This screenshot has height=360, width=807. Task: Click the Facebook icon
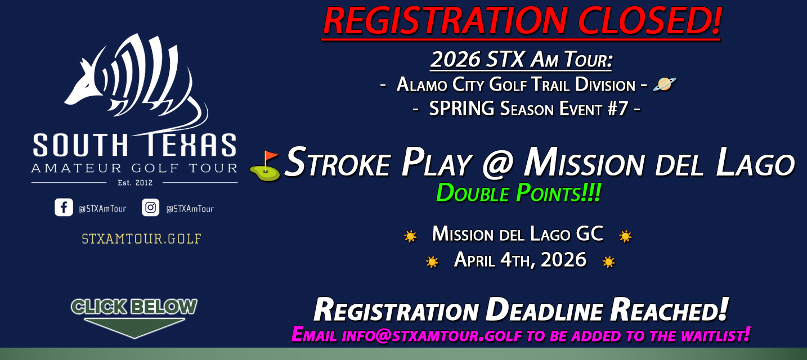[x=64, y=208]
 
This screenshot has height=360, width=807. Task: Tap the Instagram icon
[x=151, y=208]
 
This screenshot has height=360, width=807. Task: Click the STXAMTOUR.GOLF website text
[x=141, y=238]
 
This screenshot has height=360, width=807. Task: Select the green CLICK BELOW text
[x=134, y=307]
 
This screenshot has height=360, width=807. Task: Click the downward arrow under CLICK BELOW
[x=134, y=327]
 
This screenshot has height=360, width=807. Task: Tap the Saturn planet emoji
[x=664, y=84]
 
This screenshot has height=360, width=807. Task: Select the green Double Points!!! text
[x=518, y=193]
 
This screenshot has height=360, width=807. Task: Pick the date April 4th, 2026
[x=520, y=260]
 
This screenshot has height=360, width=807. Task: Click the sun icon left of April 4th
[x=432, y=262]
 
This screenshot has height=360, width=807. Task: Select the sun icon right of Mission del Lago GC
[x=625, y=236]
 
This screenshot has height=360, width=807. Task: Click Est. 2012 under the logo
[x=134, y=182]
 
